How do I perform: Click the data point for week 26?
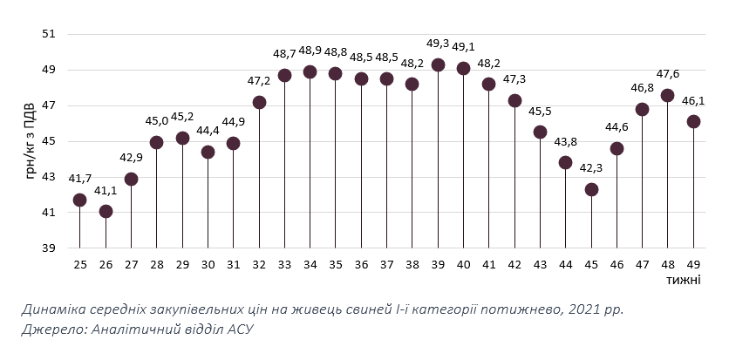pos(106,211)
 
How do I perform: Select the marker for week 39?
pos(438,65)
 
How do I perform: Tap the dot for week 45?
pos(591,189)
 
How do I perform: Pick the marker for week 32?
pos(259,102)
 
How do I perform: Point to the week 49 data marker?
pos(693,122)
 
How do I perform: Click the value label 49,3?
pos(438,43)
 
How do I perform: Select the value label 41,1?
pos(106,190)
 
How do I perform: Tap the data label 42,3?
pos(591,168)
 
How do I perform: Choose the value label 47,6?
pos(668,74)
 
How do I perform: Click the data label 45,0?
pos(157,121)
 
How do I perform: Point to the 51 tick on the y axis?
pos(49,34)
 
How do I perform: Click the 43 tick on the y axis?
pos(49,177)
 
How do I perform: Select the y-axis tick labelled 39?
pos(49,248)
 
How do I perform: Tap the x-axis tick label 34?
pos(310,264)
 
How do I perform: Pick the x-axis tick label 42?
pos(514,264)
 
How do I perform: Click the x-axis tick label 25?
pos(80,264)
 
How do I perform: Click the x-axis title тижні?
pos(685,279)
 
